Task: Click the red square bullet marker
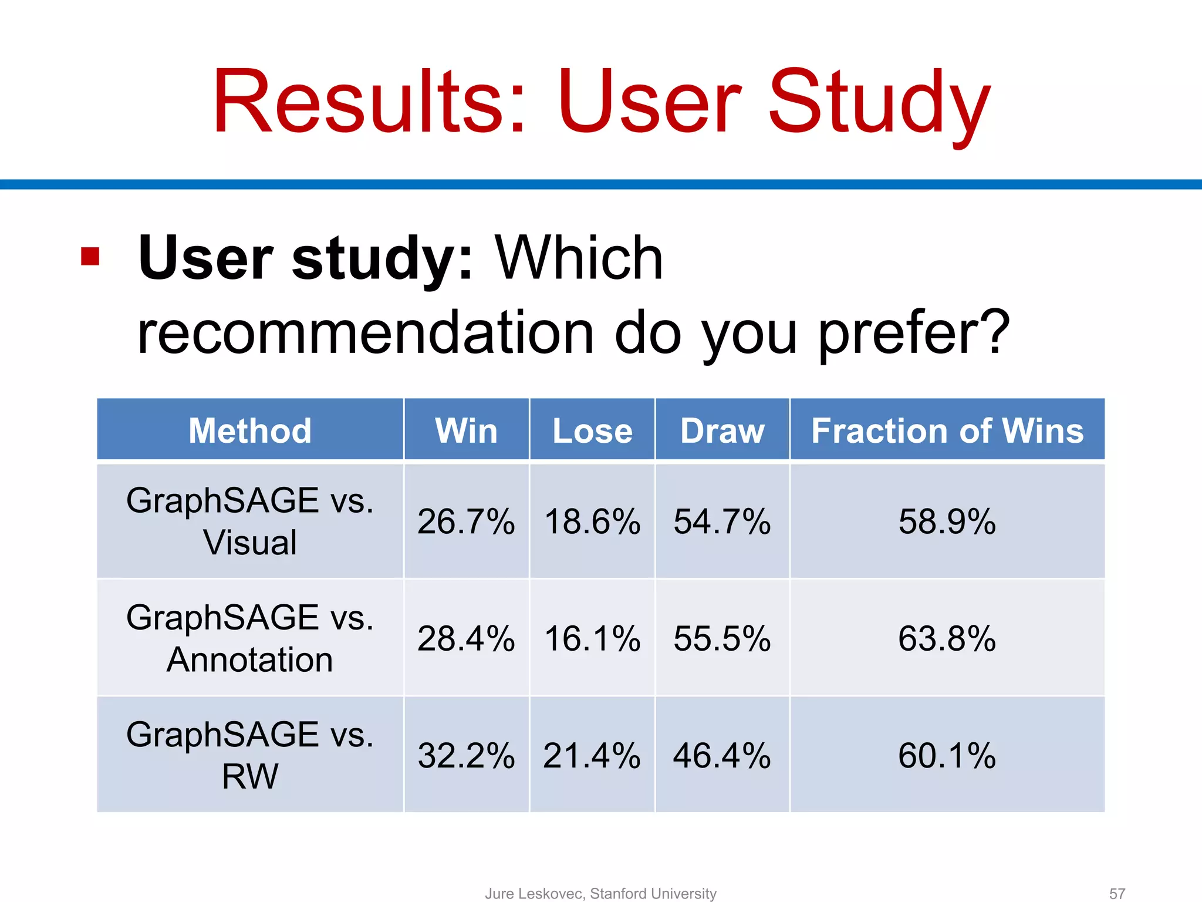(x=90, y=257)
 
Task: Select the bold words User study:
(x=305, y=258)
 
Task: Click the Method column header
(x=250, y=430)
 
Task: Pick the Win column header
(x=466, y=430)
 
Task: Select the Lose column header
(x=592, y=430)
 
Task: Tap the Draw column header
(x=722, y=430)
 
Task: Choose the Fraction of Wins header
(x=947, y=430)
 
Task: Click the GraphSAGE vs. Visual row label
(x=250, y=521)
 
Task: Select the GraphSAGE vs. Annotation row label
(x=250, y=638)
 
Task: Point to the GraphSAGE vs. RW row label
(x=250, y=755)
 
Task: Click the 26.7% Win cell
(x=466, y=521)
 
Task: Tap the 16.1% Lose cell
(x=592, y=638)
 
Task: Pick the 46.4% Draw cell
(x=722, y=755)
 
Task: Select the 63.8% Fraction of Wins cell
(x=947, y=638)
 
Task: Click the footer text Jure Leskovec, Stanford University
(x=600, y=893)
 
